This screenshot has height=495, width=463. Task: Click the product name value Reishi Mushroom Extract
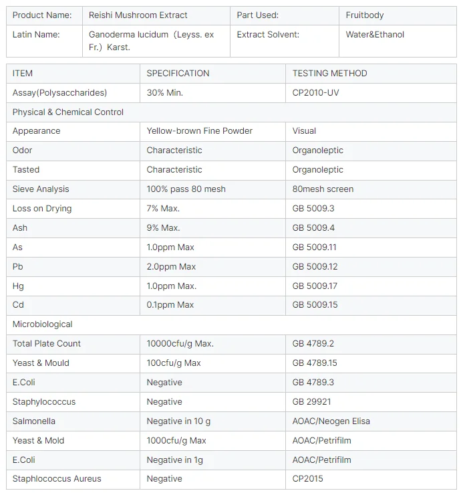138,15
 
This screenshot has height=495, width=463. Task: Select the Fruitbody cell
364,15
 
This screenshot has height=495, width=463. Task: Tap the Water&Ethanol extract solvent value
375,35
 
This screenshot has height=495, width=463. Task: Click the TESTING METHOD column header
329,74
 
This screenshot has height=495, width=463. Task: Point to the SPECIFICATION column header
178,74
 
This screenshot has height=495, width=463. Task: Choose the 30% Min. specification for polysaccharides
165,93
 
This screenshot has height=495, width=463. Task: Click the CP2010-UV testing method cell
315,93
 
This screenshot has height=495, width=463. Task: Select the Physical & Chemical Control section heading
68,112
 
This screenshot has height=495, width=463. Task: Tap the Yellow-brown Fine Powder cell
199,131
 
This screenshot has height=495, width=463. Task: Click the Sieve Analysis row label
41,189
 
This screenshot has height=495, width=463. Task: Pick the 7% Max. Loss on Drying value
163,209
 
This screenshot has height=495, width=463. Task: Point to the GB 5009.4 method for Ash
313,228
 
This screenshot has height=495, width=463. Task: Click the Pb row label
18,267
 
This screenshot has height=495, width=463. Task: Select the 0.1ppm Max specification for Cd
170,305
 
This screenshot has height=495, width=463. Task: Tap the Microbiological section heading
42,324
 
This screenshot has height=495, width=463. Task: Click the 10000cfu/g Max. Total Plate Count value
180,344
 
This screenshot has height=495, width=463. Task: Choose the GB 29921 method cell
311,402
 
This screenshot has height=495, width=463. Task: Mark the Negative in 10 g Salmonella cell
178,421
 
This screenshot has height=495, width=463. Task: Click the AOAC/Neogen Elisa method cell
331,421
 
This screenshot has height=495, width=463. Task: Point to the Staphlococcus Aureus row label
57,479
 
